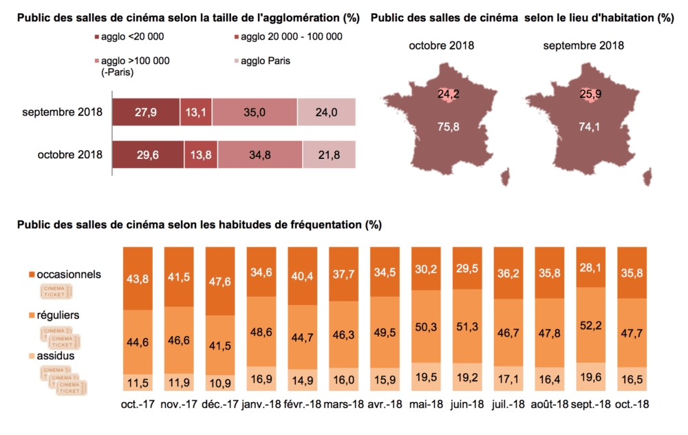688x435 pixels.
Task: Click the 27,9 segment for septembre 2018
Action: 145,112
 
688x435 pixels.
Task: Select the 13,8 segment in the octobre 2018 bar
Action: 198,155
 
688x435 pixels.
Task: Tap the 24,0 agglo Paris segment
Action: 327,112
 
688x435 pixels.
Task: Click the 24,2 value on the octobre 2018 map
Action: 448,94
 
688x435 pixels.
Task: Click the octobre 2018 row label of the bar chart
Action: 70,155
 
